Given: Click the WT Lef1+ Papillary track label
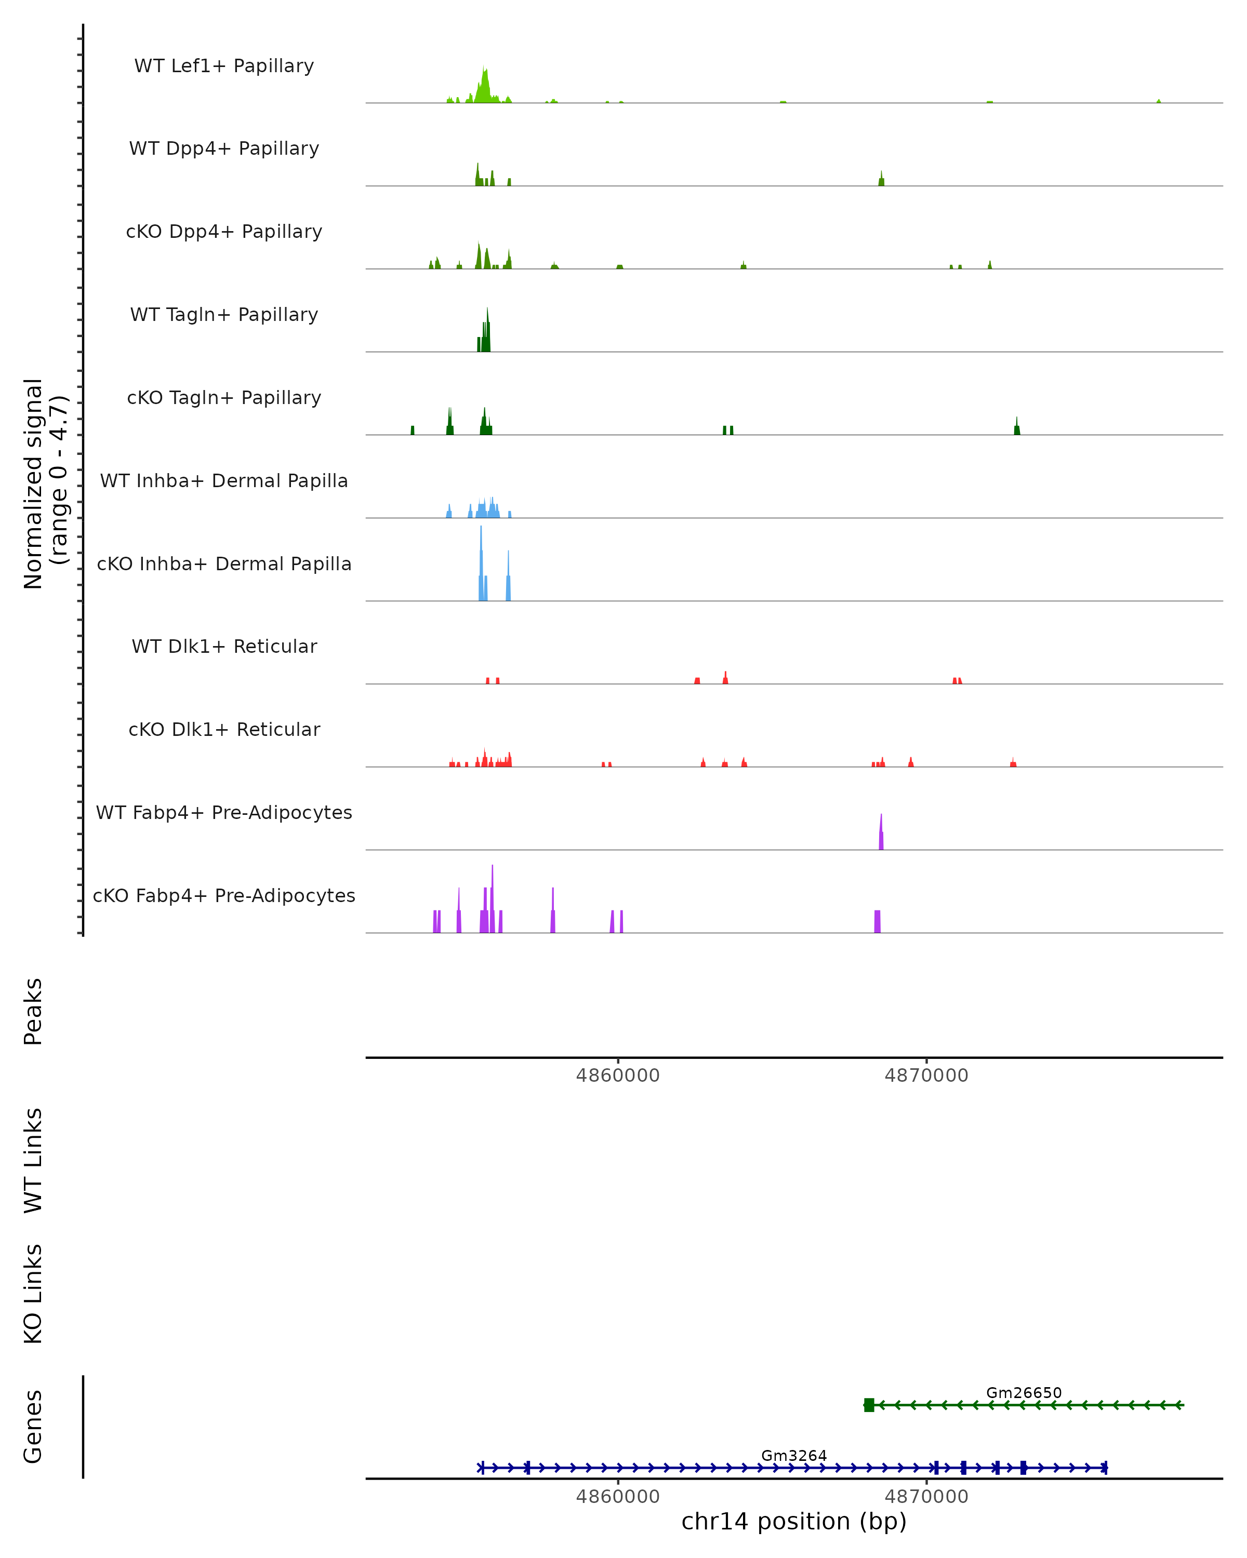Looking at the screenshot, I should (224, 66).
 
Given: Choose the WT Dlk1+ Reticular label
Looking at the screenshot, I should (224, 646).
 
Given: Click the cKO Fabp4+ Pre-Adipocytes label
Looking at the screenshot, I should (224, 895).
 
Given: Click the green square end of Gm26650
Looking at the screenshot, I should (869, 1405).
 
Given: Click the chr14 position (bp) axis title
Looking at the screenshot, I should (794, 1522).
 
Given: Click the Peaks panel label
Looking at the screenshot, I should (33, 1011).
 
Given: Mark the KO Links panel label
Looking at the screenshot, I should (33, 1294).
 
